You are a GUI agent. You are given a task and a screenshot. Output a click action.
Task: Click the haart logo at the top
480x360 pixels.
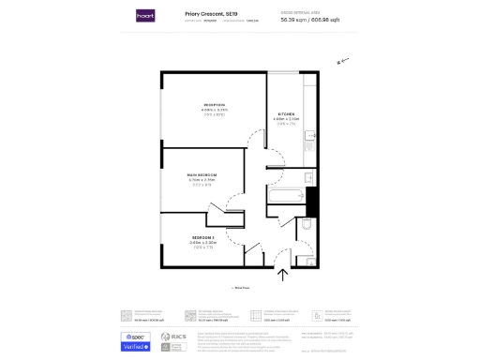point(145,16)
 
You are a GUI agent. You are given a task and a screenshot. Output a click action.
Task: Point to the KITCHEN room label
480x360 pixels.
point(286,114)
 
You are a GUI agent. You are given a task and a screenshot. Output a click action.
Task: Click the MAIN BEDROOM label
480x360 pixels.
point(202,174)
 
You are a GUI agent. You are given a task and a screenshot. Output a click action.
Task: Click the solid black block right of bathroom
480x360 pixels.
point(313,201)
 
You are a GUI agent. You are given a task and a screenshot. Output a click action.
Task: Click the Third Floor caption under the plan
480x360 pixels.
point(240,288)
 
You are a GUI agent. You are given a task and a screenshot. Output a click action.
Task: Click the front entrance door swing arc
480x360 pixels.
point(276,254)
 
